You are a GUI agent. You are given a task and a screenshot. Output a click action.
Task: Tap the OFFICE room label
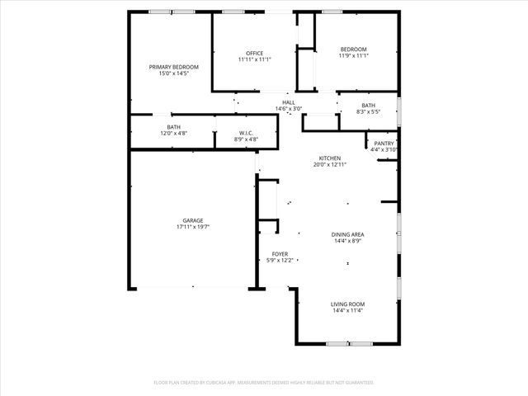coord(254,53)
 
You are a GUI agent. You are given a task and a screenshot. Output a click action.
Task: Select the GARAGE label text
coord(193,220)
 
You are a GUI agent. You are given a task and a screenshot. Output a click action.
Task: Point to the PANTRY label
coord(384,144)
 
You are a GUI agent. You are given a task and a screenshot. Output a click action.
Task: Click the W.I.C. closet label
coord(246,133)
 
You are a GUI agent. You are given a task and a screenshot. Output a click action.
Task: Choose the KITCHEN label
coord(330,158)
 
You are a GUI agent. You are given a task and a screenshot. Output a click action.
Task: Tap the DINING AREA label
coord(348,234)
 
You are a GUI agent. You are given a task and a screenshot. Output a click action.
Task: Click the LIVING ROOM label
coord(348,304)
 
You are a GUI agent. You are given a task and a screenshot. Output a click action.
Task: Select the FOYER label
coord(280,254)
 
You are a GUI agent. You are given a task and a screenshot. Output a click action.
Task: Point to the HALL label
coord(289,102)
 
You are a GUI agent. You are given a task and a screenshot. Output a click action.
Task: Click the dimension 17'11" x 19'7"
coord(193,227)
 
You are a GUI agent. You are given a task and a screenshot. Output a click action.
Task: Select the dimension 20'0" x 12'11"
coord(330,165)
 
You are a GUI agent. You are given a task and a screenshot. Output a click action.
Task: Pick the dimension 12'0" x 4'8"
coord(174,133)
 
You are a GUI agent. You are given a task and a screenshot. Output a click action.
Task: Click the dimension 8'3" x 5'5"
coord(368,111)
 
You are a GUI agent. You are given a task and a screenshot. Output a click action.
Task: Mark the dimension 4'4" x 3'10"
coord(384,150)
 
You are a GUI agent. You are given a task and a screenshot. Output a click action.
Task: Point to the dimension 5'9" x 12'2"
coord(280,261)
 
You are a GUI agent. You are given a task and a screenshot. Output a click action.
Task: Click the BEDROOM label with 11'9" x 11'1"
coord(353,49)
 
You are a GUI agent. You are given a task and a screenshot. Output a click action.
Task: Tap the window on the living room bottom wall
coord(350,343)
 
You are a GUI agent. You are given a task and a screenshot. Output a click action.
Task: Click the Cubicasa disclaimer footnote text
coord(264,383)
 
